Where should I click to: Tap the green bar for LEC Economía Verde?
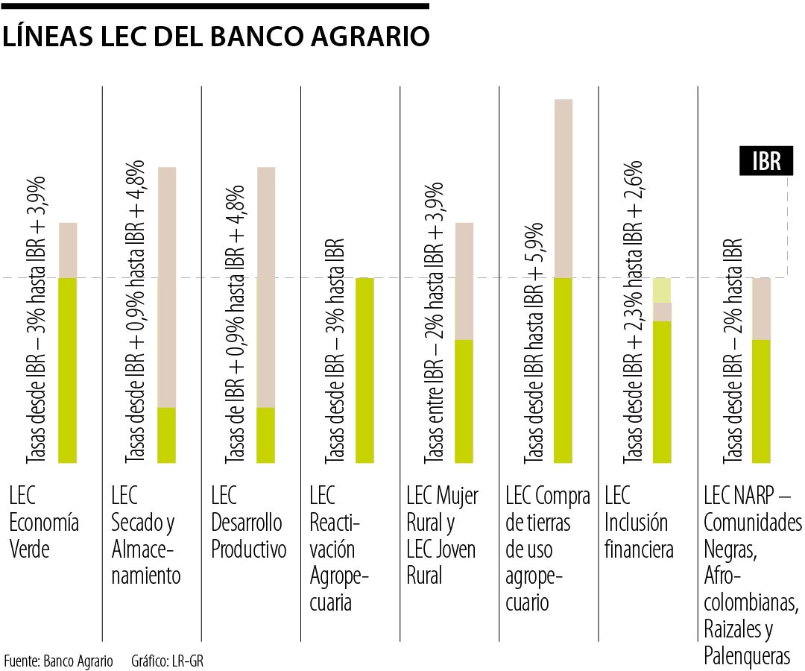point(68,370)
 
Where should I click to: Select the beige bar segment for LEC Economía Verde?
point(68,250)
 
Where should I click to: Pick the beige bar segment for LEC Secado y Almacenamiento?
point(167,287)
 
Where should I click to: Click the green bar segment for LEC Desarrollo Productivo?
point(266,435)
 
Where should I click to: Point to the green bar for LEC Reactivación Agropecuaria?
point(364,370)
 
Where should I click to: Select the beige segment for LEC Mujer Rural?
point(464,281)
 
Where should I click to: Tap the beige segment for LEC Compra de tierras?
point(563,188)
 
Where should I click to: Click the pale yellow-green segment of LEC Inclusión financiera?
point(663,290)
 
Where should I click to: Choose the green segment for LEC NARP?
point(761,401)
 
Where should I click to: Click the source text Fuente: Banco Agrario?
point(59,661)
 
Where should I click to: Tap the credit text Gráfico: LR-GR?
point(167,661)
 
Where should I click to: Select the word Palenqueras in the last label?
point(746,656)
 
